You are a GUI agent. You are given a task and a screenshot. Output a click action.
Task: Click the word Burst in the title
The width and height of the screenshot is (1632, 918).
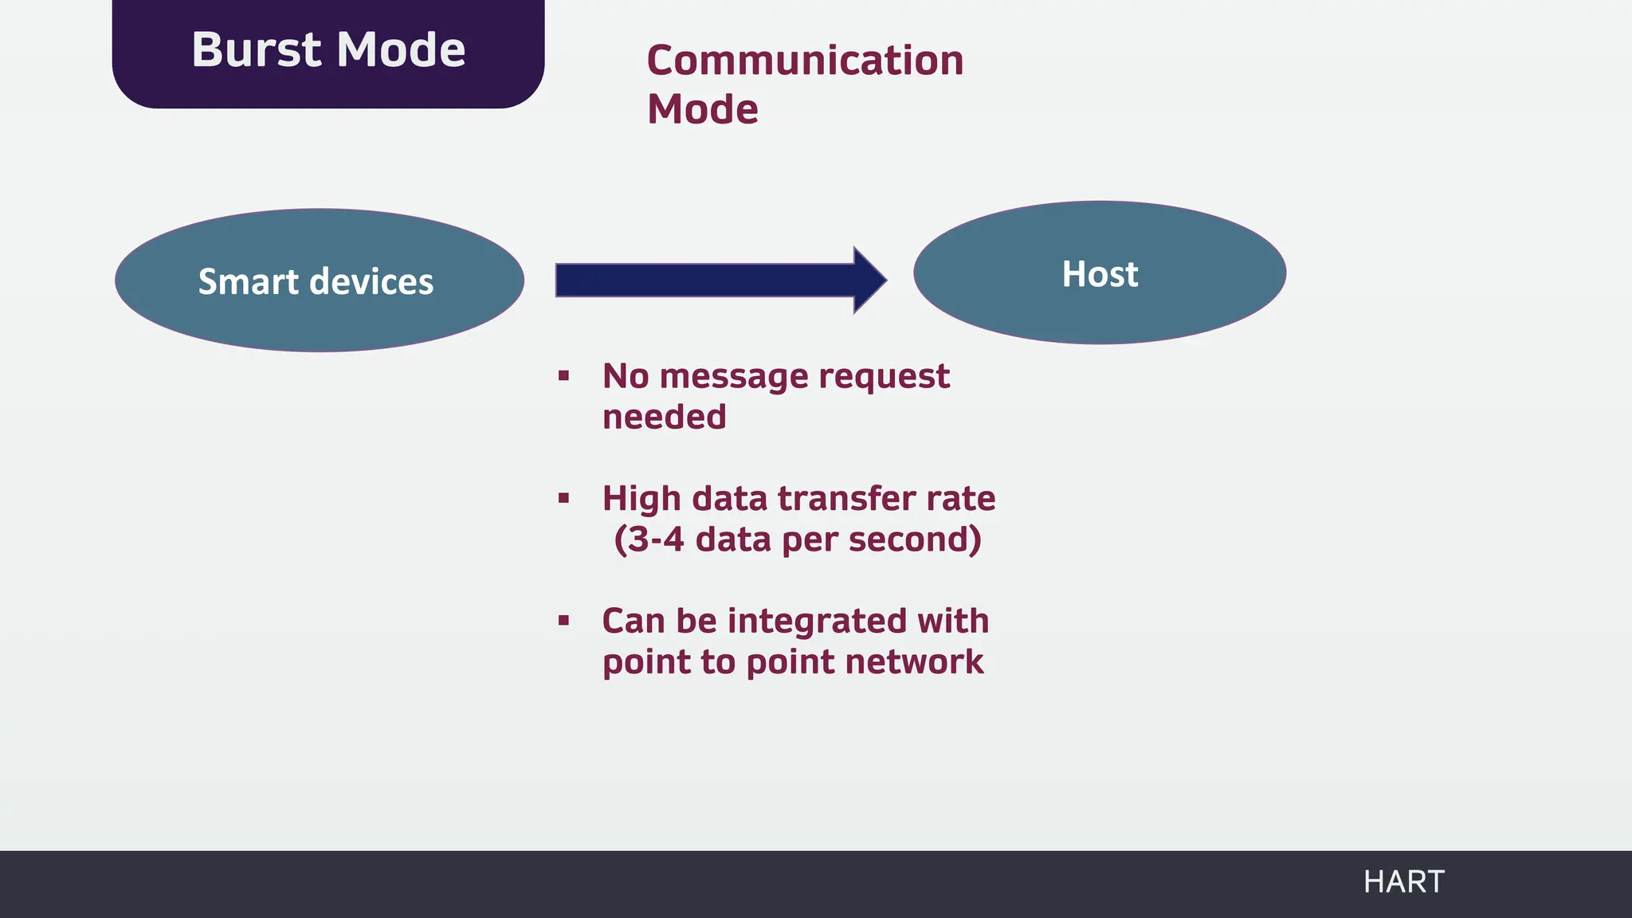(x=256, y=49)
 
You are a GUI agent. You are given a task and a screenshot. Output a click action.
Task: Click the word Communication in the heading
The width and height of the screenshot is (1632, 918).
(x=805, y=61)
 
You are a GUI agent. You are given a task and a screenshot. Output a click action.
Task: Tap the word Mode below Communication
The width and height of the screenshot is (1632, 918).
(x=702, y=109)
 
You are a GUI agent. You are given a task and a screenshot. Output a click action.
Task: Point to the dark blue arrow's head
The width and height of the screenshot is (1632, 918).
(x=870, y=280)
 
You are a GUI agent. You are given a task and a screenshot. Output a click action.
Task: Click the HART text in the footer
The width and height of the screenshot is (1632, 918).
(x=1403, y=882)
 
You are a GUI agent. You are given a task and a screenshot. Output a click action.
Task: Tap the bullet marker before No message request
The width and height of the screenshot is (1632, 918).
(x=564, y=375)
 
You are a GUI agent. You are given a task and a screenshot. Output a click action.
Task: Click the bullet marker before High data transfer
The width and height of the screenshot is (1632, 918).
(x=564, y=499)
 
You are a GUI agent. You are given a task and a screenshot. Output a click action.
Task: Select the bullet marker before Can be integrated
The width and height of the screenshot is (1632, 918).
(x=564, y=621)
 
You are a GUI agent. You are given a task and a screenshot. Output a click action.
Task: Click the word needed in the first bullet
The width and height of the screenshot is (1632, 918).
(x=664, y=418)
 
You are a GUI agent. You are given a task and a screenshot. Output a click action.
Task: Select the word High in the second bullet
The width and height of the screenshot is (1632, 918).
(x=641, y=499)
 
